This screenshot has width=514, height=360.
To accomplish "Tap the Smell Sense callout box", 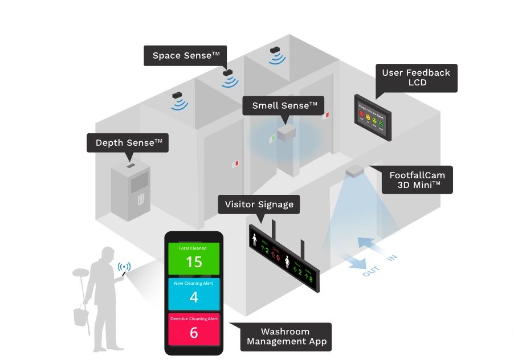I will (x=283, y=105).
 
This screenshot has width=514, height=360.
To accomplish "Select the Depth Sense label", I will (x=128, y=142).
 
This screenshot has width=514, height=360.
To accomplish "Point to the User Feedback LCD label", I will (x=416, y=77).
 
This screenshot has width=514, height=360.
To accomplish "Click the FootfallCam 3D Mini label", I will (x=417, y=181).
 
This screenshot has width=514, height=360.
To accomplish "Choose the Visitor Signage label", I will (x=259, y=204).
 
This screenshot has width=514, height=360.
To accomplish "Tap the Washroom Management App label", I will (x=285, y=336).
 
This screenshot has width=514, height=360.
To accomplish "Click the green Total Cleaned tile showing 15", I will (x=194, y=258).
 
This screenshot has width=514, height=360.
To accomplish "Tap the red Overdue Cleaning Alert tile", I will (x=194, y=329).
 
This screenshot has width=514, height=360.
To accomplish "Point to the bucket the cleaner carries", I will (x=80, y=316).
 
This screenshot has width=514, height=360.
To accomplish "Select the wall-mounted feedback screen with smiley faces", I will (x=372, y=119).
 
